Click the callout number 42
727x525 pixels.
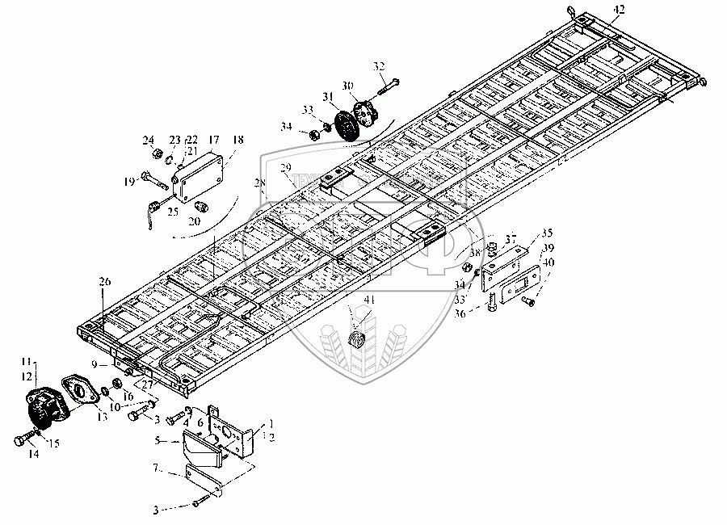pos(618,9)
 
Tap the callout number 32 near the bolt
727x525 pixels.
pos(379,65)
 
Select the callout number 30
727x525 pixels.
pos(347,85)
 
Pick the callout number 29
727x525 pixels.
pos(284,167)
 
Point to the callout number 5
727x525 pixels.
pos(160,441)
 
